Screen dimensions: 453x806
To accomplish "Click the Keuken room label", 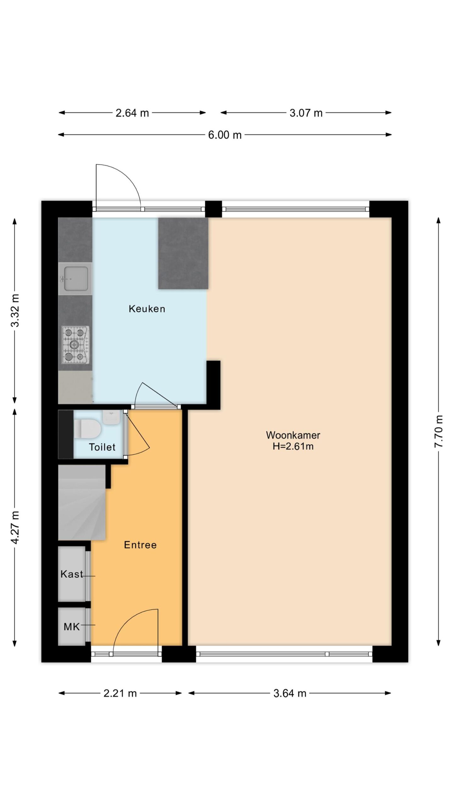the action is pos(147,309).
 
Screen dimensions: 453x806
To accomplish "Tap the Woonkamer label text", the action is pos(293,435).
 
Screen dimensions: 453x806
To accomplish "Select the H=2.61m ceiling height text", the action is pos(293,446).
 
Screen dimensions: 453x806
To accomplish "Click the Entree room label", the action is pos(140,545).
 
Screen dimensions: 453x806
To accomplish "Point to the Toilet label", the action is pos(102,447).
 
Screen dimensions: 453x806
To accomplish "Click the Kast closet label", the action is pos(72,574).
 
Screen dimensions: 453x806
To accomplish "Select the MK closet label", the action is pos(72,627).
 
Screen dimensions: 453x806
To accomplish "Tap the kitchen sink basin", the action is pos(75,279).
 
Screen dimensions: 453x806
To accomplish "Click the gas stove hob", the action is pos(75,344).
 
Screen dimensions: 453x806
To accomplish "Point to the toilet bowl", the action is pos(87,429).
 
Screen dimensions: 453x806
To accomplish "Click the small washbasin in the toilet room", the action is pos(111,417).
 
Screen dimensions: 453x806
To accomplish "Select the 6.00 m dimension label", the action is pos(225,135).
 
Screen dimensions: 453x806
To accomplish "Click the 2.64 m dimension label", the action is pos(132,113).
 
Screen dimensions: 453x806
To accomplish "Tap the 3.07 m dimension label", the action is pos(306,113).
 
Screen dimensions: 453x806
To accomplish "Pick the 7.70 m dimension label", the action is pos(439,431).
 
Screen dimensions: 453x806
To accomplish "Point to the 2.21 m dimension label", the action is pos(120,693).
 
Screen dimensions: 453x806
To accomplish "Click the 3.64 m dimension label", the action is pos(290,693).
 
